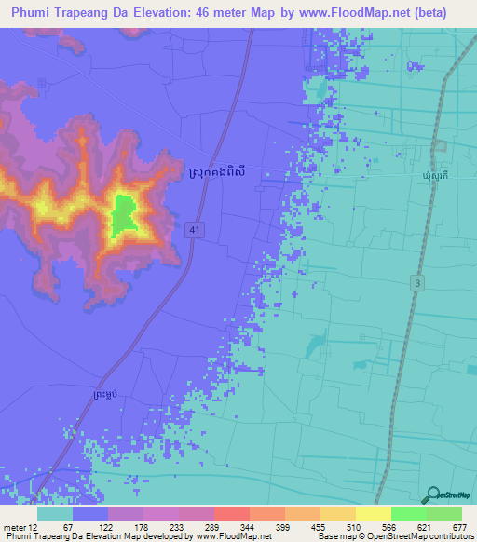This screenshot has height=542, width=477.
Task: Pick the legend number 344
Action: (x=220, y=528)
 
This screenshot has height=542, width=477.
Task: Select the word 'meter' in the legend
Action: (x=15, y=528)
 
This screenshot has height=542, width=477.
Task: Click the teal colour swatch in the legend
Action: (x=55, y=513)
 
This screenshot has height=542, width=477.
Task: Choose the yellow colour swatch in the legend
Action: (x=373, y=513)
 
